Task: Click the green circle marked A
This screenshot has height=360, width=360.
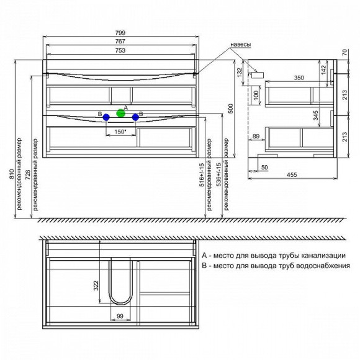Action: pos(121,113)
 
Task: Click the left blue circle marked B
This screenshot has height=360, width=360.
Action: pos(106,117)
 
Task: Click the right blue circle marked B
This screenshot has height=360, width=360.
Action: pos(135,117)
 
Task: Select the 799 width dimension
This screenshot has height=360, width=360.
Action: pos(120,33)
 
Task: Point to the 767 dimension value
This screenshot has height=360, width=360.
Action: pos(120,42)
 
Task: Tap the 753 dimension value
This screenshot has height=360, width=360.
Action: pos(120,50)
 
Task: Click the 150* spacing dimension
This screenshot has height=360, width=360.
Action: pos(120,132)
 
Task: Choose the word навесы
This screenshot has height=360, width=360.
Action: pos(240,45)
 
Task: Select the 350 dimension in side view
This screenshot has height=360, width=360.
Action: pos(299,78)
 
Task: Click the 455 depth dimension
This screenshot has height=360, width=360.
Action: pos(292,174)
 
